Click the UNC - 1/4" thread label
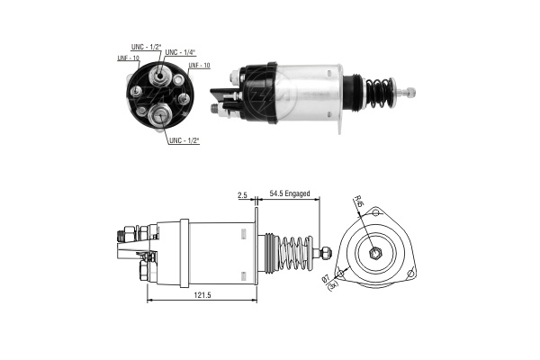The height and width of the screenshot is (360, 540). click(x=180, y=52)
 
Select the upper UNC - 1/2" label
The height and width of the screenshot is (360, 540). click(x=146, y=47)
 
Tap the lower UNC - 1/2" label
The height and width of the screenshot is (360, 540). click(x=184, y=140)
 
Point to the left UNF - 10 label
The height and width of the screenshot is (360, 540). click(x=128, y=58)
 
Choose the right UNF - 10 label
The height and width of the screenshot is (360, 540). click(x=199, y=65)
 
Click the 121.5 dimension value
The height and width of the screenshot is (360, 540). click(x=202, y=295)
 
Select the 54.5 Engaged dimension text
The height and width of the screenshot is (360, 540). click(x=290, y=193)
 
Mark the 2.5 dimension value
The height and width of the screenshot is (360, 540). click(x=242, y=195)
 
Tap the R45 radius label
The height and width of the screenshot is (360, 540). click(x=359, y=201)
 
